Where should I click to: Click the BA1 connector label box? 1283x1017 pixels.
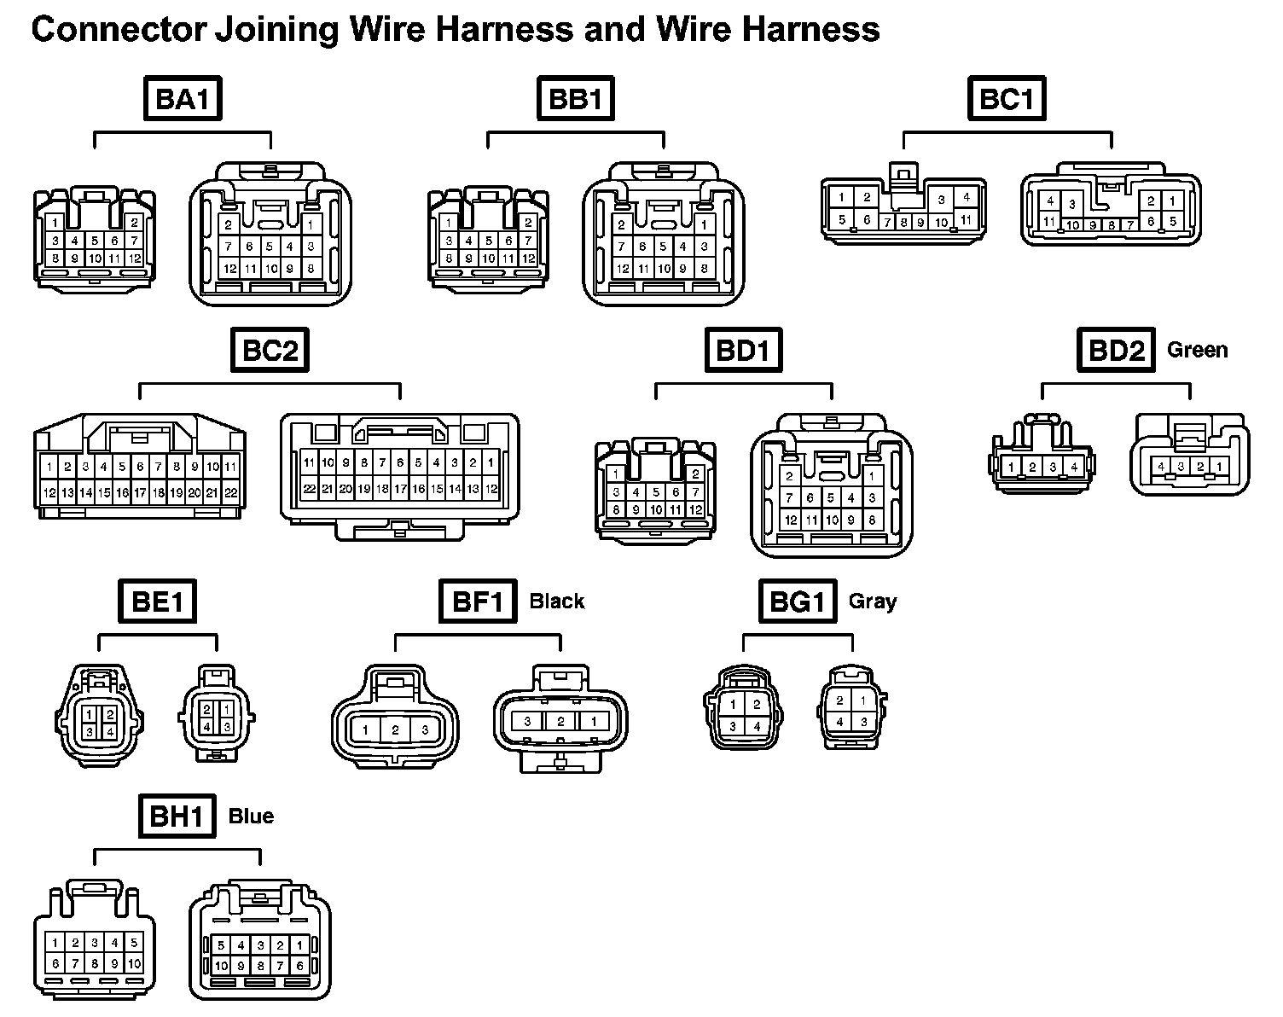(x=182, y=99)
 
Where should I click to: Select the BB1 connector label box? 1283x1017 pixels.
(x=576, y=99)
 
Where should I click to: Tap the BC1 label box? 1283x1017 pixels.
(x=1007, y=99)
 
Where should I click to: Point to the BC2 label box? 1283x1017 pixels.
(x=270, y=350)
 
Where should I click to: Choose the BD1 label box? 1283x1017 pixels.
(x=743, y=350)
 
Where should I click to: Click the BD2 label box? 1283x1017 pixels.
(x=1115, y=350)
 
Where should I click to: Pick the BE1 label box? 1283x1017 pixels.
(x=158, y=601)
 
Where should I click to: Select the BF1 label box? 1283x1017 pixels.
(x=478, y=601)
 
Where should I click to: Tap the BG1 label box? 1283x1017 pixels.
(x=797, y=601)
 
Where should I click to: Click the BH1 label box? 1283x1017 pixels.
(x=176, y=817)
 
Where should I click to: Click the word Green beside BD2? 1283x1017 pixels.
(x=1197, y=350)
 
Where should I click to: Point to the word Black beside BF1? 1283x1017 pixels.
(x=557, y=601)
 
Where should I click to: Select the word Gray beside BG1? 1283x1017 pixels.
(x=873, y=601)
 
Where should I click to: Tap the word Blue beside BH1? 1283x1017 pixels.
(x=251, y=817)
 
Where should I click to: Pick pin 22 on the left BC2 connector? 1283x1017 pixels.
(x=230, y=492)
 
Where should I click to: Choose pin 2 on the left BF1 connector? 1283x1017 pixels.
(x=395, y=730)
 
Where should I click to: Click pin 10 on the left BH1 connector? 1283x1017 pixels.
(x=135, y=964)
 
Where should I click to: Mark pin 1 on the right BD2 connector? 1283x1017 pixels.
(x=1221, y=467)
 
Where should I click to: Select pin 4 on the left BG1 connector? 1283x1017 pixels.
(x=757, y=727)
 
